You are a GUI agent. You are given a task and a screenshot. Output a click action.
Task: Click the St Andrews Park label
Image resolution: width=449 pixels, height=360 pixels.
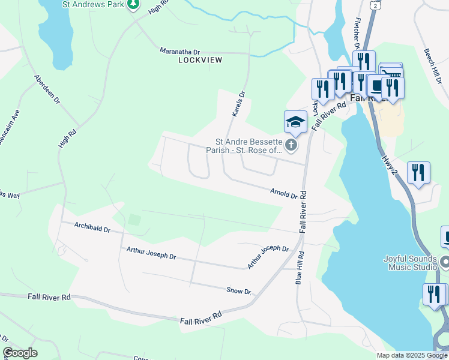93,4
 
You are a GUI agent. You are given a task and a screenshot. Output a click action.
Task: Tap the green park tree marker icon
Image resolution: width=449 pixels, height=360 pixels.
133,4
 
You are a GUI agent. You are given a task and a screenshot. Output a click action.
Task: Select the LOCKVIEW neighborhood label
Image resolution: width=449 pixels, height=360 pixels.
200,61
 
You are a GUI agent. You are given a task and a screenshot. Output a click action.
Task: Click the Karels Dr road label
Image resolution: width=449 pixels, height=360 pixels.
239,103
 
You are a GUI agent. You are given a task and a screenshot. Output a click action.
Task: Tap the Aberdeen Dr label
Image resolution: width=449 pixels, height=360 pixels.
47,90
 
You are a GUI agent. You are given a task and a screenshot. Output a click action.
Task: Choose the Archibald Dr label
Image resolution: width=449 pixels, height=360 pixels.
92,229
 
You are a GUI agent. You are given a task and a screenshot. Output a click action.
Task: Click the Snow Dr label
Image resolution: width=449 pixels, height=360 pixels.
238,291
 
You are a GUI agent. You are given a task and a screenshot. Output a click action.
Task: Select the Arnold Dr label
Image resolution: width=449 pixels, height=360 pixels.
284,193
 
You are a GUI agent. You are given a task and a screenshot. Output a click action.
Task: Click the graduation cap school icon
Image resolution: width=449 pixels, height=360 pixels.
295,122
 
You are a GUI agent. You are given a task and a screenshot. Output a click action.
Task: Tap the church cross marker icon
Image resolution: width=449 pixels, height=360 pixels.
291,145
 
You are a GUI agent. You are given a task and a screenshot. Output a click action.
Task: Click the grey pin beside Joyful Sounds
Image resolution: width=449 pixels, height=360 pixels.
445,262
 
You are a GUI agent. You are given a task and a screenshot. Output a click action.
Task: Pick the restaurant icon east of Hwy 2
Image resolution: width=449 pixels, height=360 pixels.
418,173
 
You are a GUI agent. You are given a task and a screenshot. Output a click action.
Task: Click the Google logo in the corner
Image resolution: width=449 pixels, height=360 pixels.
20,353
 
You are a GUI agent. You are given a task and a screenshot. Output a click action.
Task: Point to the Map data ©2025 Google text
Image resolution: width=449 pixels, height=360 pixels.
412,355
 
